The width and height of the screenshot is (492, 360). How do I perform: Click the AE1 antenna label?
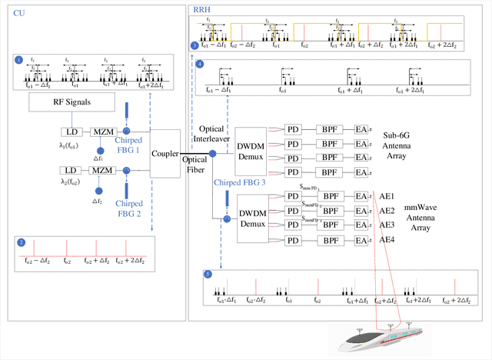point(387,196)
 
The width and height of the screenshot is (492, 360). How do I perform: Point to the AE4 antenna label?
point(387,239)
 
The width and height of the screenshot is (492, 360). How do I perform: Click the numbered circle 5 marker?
point(207,275)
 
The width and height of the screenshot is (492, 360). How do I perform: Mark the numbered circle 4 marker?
point(200,65)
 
